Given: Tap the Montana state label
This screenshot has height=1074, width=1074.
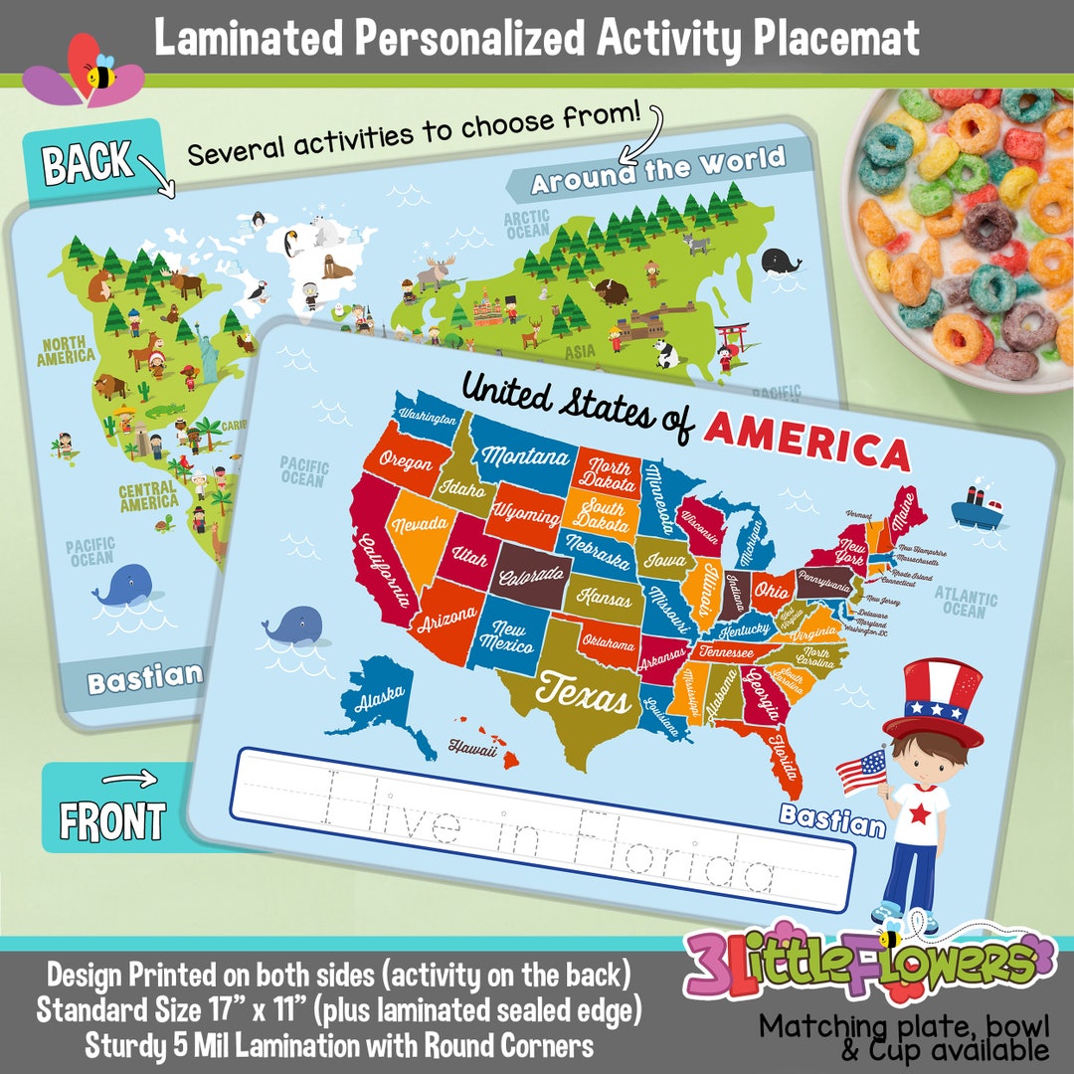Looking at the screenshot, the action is (x=526, y=457).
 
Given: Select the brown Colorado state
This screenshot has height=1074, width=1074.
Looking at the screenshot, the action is (x=534, y=575).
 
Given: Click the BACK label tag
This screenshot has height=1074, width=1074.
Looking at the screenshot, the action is (x=89, y=162).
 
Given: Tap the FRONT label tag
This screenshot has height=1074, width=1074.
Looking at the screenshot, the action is (x=112, y=820).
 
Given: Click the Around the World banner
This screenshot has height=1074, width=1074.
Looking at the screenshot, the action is (x=657, y=170).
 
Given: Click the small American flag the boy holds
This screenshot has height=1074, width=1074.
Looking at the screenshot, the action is (x=861, y=772).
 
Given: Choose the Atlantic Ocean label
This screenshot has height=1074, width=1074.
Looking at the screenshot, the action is (x=965, y=601).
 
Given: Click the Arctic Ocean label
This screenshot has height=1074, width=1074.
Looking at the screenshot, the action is (x=527, y=225).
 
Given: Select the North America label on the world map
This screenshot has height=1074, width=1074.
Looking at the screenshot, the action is (x=67, y=349).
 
